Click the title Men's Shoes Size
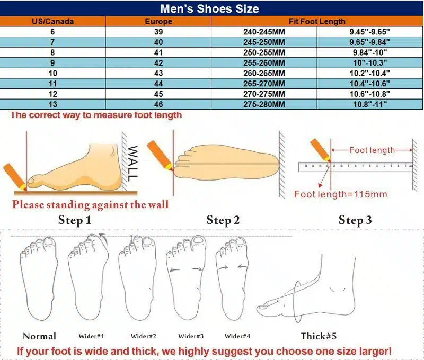[209, 8]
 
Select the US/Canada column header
[52, 21]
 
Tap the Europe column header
[158, 21]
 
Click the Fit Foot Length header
[317, 21]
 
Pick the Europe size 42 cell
[158, 63]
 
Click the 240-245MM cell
[264, 32]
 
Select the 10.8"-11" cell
[369, 104]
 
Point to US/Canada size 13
[52, 104]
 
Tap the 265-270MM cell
[264, 84]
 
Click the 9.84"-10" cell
[369, 52]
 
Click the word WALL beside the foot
[132, 164]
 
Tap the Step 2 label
[223, 220]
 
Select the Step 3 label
[355, 220]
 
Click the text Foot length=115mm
[340, 194]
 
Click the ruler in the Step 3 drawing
[356, 167]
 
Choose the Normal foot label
[39, 336]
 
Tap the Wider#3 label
[191, 336]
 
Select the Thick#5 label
[319, 336]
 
